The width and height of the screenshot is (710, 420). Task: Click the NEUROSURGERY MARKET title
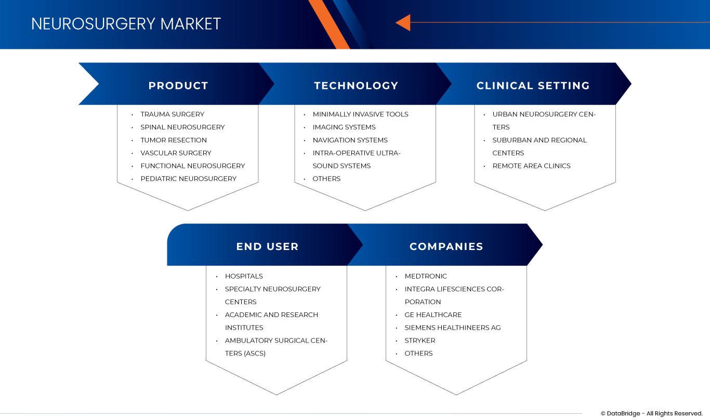pyautogui.click(x=126, y=24)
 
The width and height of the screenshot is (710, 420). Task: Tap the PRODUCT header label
pyautogui.click(x=178, y=86)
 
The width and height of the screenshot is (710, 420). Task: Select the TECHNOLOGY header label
pyautogui.click(x=356, y=86)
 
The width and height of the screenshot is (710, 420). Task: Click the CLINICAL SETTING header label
pyautogui.click(x=533, y=86)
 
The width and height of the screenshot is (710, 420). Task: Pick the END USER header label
pyautogui.click(x=267, y=247)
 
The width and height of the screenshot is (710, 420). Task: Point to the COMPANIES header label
pyautogui.click(x=446, y=247)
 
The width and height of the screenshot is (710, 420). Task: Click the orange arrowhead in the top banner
pyautogui.click(x=403, y=22)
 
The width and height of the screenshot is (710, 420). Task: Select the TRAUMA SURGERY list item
pyautogui.click(x=172, y=114)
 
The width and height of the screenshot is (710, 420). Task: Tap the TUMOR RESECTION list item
pyautogui.click(x=174, y=140)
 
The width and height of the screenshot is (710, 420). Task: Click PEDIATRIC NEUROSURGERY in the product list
pyautogui.click(x=188, y=179)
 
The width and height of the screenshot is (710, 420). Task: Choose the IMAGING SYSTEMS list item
pyautogui.click(x=344, y=127)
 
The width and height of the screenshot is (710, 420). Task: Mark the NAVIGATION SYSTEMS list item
pyautogui.click(x=350, y=140)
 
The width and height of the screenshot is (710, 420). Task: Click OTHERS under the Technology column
pyautogui.click(x=326, y=179)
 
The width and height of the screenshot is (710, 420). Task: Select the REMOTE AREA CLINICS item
pyautogui.click(x=531, y=166)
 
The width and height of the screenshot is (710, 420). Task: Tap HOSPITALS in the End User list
pyautogui.click(x=244, y=277)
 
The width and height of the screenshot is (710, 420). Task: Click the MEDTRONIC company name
pyautogui.click(x=426, y=277)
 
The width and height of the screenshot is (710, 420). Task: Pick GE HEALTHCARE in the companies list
pyautogui.click(x=433, y=315)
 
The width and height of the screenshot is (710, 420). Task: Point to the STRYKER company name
pyautogui.click(x=420, y=340)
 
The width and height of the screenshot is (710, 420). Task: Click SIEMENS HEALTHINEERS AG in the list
pyautogui.click(x=453, y=328)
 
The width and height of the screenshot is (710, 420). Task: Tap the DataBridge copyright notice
pyautogui.click(x=651, y=414)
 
